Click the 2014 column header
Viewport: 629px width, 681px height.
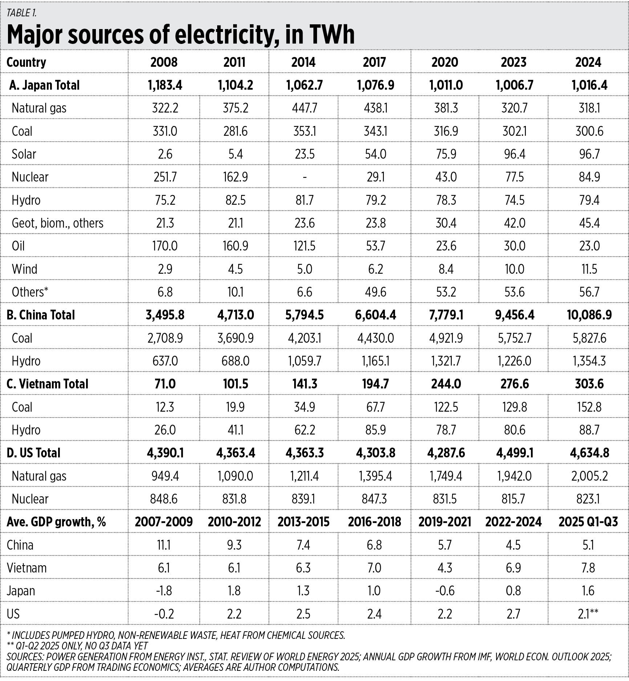pyautogui.click(x=303, y=62)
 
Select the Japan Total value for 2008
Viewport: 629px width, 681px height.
pyautogui.click(x=165, y=85)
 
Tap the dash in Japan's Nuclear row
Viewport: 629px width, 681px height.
pyautogui.click(x=304, y=177)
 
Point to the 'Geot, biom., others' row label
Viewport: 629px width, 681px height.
pyautogui.click(x=57, y=223)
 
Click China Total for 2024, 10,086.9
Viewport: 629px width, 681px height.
pyautogui.click(x=589, y=315)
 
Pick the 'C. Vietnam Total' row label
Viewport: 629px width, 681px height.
pyautogui.click(x=47, y=384)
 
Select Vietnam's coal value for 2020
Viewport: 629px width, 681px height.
pyautogui.click(x=446, y=407)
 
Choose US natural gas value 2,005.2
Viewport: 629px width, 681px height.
pyautogui.click(x=589, y=476)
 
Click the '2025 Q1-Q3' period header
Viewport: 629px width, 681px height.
pyautogui.click(x=588, y=522)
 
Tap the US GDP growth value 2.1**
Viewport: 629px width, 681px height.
pyautogui.click(x=588, y=614)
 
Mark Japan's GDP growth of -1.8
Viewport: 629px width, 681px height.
pyautogui.click(x=164, y=591)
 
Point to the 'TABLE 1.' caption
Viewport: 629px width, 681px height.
pyautogui.click(x=21, y=13)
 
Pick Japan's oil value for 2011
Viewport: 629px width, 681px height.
pyautogui.click(x=235, y=246)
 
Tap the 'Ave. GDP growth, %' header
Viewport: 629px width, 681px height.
pyautogui.click(x=56, y=522)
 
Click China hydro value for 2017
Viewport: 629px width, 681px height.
pyautogui.click(x=375, y=361)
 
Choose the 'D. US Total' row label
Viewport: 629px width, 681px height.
pyautogui.click(x=33, y=453)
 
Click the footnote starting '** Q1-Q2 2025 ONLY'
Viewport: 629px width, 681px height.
pyautogui.click(x=77, y=646)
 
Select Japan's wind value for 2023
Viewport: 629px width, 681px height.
pyautogui.click(x=514, y=269)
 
